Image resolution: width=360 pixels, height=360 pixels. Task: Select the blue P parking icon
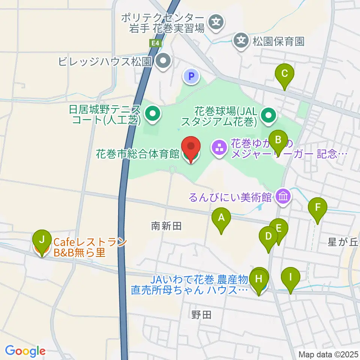[192, 77]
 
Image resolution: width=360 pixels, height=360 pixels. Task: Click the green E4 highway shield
[155, 43]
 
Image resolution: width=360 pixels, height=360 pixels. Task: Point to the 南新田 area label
[166, 226]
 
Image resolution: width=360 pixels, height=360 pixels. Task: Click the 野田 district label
[201, 315]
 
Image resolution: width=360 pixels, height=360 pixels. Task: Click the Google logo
[25, 351]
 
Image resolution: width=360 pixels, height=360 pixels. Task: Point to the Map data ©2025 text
[328, 354]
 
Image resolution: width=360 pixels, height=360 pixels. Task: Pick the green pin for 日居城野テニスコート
[152, 115]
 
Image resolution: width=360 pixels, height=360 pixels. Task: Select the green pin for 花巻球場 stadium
[268, 116]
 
